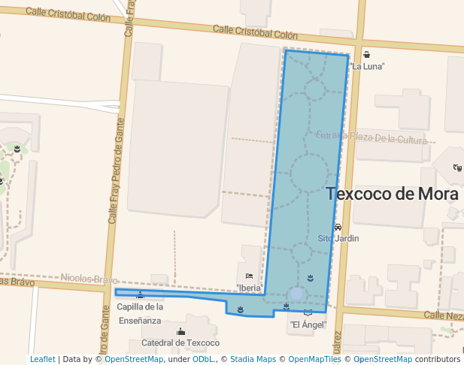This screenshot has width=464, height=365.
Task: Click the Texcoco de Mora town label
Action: tap(393, 194)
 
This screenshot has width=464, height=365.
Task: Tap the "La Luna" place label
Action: tap(367, 66)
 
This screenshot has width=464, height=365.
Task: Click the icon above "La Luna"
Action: tap(366, 54)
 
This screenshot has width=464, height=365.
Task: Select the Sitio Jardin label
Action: tap(338, 239)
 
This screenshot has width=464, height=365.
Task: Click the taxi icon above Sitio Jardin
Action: tap(338, 228)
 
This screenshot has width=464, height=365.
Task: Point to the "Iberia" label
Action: tap(249, 288)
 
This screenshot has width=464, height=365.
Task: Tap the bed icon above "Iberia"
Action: tap(249, 276)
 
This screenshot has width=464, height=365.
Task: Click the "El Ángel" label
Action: tap(308, 324)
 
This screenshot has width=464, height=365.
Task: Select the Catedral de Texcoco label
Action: tap(180, 343)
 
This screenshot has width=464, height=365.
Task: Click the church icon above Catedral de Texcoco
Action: tap(180, 332)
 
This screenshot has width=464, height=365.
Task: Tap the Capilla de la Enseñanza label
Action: tap(140, 313)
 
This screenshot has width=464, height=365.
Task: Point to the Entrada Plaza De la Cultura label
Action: tap(372, 137)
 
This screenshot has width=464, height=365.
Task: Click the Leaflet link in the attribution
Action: tap(43, 359)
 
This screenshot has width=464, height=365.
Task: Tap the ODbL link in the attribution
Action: tap(204, 359)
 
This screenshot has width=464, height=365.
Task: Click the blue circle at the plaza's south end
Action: tap(298, 294)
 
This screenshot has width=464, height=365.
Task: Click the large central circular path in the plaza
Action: tap(309, 172)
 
